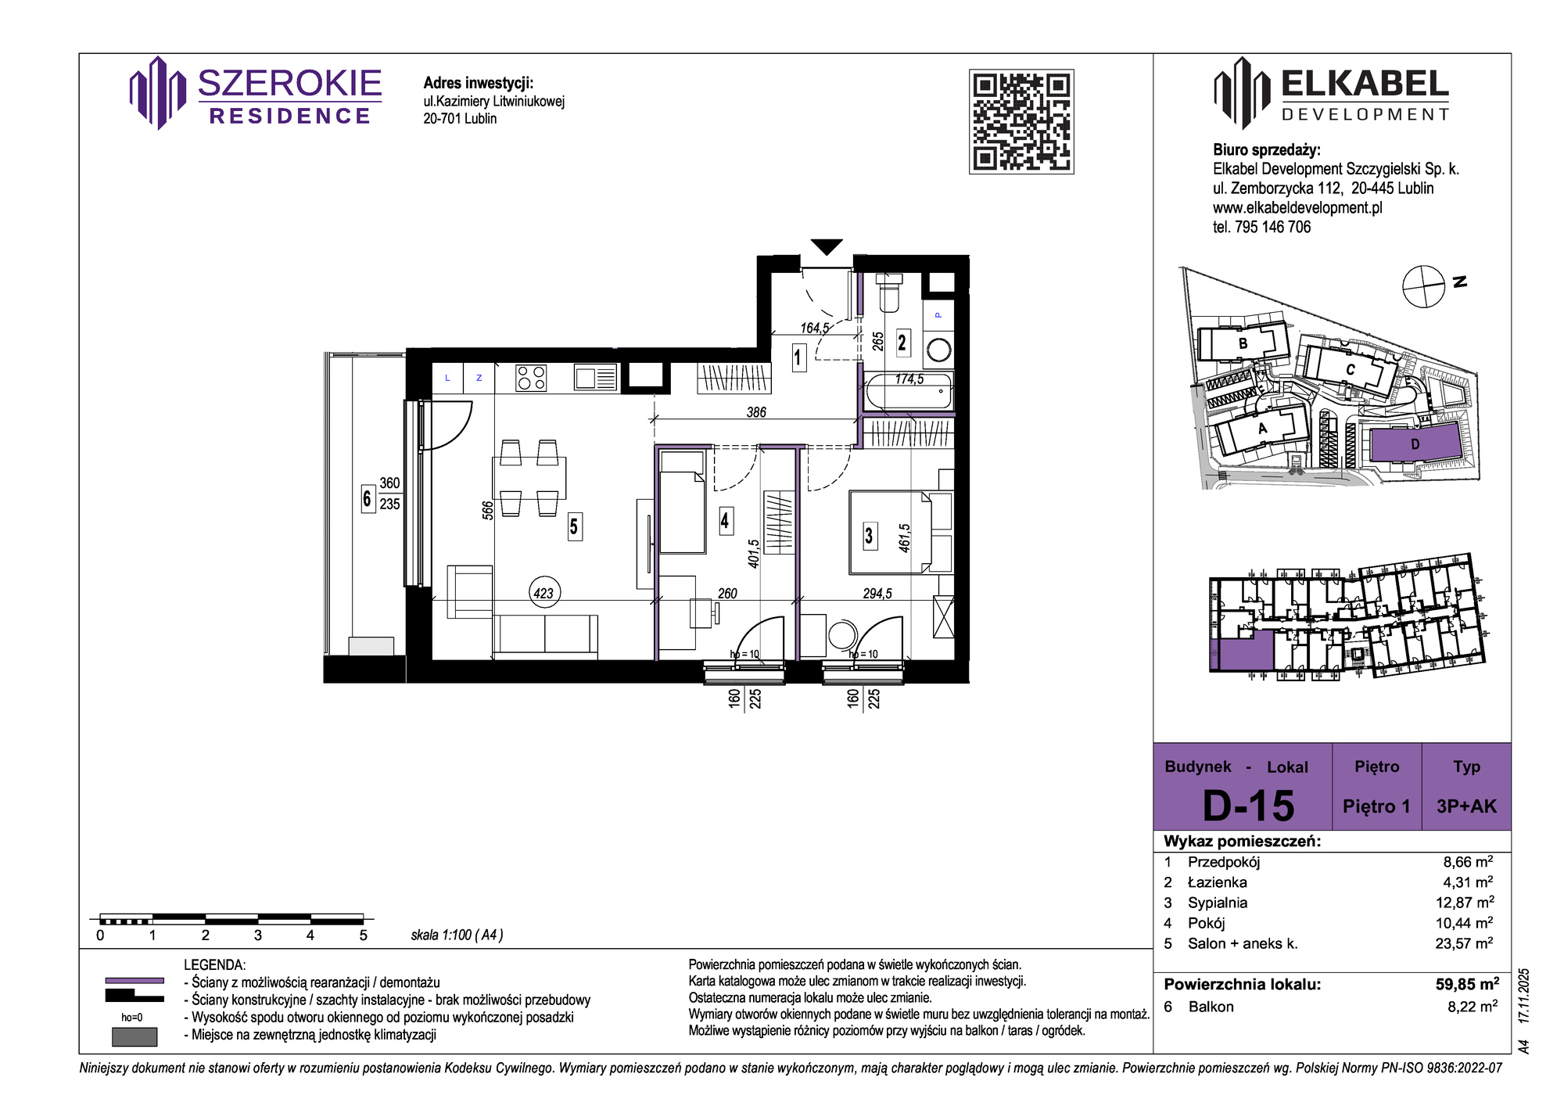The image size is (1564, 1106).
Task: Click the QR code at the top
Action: [1021, 121]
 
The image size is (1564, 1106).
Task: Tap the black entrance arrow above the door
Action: [827, 246]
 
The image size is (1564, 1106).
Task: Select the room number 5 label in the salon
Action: [574, 527]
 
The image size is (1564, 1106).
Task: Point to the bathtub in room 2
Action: [909, 391]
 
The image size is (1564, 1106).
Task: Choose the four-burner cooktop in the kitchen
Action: [531, 379]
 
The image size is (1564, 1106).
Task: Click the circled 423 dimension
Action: [543, 593]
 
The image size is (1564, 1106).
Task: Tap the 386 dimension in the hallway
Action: [756, 412]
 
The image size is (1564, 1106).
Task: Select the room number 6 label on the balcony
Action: [367, 498]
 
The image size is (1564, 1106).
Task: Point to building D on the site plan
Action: [1415, 444]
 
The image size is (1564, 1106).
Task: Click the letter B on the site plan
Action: [1243, 343]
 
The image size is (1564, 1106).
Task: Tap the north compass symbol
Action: [1423, 286]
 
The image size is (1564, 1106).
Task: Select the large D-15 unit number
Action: [1248, 806]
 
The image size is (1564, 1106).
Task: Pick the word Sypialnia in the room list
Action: [1218, 903]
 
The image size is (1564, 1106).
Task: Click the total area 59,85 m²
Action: [1467, 984]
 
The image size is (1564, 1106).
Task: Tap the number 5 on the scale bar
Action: [363, 935]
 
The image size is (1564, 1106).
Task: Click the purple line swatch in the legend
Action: [135, 980]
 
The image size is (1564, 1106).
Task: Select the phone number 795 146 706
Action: [1272, 227]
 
